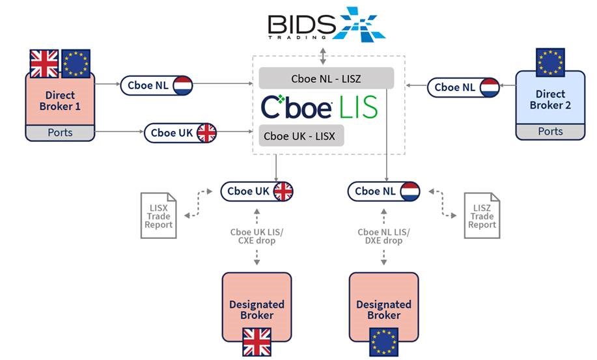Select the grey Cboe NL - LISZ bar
[327, 78]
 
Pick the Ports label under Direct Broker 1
[60, 133]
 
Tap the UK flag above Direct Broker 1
[45, 64]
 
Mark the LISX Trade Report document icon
[159, 212]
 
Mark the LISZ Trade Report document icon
[482, 212]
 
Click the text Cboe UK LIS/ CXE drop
[257, 236]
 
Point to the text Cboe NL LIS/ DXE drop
[384, 236]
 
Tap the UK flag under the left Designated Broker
[257, 341]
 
